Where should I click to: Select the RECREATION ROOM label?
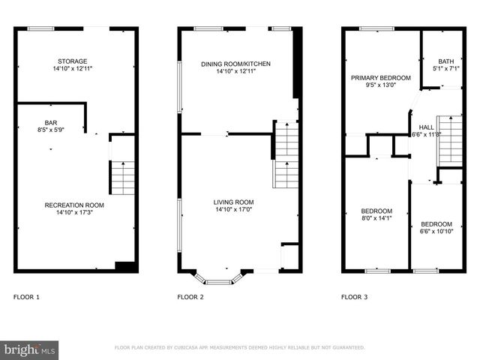pyautogui.click(x=73, y=205)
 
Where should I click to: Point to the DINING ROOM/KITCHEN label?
pyautogui.click(x=235, y=64)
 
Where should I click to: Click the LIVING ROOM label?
pyautogui.click(x=233, y=202)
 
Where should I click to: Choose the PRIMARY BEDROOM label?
pyautogui.click(x=381, y=78)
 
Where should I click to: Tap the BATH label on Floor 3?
pyautogui.click(x=446, y=61)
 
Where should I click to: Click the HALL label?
pyautogui.click(x=426, y=127)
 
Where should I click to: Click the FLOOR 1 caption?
pyautogui.click(x=26, y=298)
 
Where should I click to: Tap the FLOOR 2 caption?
pyautogui.click(x=190, y=298)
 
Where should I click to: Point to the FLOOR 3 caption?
pyautogui.click(x=354, y=298)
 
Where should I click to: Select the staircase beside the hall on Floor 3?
pyautogui.click(x=449, y=141)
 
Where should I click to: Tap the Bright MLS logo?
pyautogui.click(x=29, y=349)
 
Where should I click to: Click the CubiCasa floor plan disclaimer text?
pyautogui.click(x=239, y=348)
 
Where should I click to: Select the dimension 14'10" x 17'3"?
pyautogui.click(x=73, y=212)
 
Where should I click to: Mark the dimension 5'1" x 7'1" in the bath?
pyautogui.click(x=446, y=69)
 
